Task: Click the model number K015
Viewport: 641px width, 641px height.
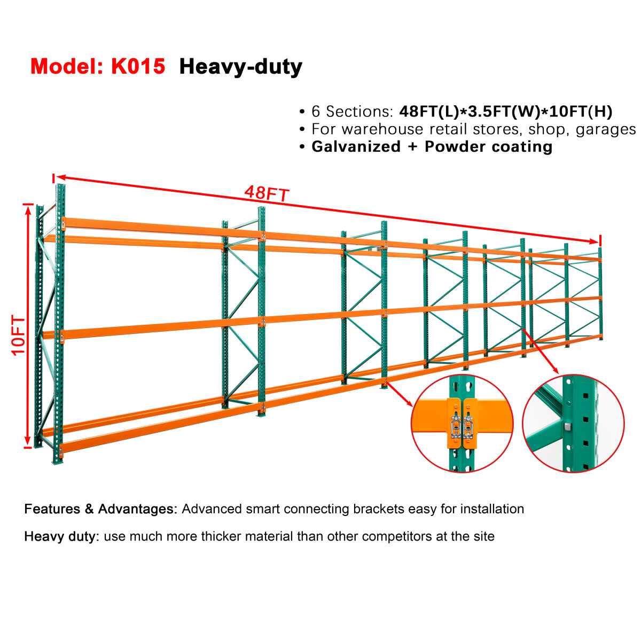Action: click(x=138, y=66)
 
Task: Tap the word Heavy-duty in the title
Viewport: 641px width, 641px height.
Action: click(x=240, y=67)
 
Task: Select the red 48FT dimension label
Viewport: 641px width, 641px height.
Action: click(x=267, y=193)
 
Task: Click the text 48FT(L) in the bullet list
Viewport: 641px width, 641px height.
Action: click(x=429, y=112)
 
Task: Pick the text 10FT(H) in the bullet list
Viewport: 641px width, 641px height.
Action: click(x=581, y=112)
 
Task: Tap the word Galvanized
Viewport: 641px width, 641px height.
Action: click(x=356, y=147)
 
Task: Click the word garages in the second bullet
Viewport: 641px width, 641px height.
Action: click(x=606, y=130)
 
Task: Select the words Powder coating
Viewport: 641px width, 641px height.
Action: click(x=489, y=147)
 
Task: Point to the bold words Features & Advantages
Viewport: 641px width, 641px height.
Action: click(x=100, y=509)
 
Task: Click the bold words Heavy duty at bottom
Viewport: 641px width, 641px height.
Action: click(x=61, y=536)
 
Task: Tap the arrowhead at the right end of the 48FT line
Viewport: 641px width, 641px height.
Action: click(x=595, y=241)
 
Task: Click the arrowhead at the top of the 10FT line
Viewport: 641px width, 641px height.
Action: click(x=28, y=212)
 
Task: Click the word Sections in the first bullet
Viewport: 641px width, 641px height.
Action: click(x=356, y=112)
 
